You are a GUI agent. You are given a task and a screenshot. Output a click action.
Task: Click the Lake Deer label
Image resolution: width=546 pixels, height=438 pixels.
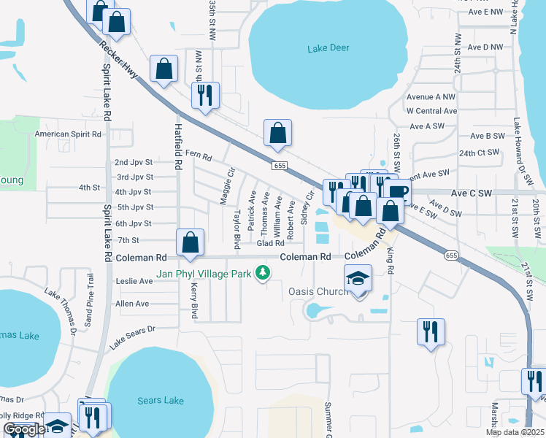328,48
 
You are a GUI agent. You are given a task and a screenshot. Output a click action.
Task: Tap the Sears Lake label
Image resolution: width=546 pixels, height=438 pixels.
161,401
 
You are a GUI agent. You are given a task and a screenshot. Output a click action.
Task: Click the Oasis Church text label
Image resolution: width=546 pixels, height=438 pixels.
319,291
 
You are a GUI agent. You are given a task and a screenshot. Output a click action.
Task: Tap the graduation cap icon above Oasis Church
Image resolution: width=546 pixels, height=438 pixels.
358,278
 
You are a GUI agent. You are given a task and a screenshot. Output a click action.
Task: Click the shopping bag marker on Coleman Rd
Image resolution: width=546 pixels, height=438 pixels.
190,242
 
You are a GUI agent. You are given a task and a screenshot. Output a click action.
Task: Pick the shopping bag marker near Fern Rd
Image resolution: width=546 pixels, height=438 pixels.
277,133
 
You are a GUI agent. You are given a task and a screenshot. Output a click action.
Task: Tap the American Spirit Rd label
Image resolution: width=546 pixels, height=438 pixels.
69,134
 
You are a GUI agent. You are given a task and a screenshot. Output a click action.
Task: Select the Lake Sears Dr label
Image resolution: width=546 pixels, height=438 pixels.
133,334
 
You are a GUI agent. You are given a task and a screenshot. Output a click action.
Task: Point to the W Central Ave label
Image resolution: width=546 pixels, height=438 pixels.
431,111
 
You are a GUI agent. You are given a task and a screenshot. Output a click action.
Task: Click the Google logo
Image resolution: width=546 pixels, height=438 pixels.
24,429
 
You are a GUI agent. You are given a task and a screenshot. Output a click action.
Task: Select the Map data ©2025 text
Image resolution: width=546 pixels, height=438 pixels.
515,432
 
